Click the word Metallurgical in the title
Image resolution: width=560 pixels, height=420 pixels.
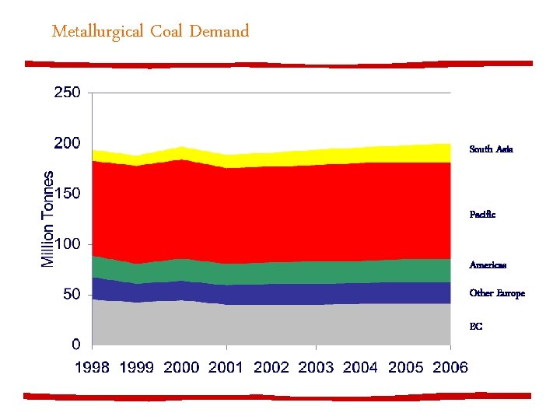click(99, 32)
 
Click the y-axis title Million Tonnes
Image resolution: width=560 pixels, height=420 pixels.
click(48, 219)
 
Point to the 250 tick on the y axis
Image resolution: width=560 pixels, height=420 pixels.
click(67, 93)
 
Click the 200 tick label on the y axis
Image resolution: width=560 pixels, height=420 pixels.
click(67, 143)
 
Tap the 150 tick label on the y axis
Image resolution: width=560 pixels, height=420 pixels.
click(67, 194)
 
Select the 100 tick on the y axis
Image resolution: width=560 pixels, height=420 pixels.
click(67, 244)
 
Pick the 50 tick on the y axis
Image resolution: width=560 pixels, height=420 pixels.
click(72, 295)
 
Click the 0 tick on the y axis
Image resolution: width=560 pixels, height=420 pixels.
click(76, 345)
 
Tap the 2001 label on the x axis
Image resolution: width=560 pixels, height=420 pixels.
click(227, 367)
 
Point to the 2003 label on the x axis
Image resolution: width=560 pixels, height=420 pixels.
click(317, 367)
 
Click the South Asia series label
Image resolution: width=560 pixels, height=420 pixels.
click(491, 149)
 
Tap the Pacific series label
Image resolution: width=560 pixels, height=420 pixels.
click(482, 214)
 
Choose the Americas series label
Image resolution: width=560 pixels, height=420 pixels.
click(488, 265)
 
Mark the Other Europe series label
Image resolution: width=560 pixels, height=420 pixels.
click(497, 293)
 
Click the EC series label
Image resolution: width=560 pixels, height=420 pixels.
click(476, 327)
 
